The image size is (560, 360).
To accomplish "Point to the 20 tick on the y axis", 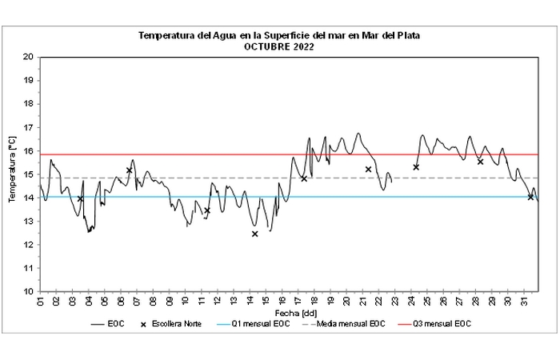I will click(x=28, y=58).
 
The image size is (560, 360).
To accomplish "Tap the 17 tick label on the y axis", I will click(x=28, y=128).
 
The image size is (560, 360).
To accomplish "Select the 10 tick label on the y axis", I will click(x=28, y=292).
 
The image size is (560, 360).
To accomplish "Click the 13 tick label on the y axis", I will click(x=28, y=222).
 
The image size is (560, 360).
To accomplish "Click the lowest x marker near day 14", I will click(x=254, y=234).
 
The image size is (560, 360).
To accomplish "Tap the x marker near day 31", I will click(x=530, y=197).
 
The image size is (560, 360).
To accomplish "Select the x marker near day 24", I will click(x=416, y=167).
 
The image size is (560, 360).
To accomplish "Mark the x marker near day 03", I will click(x=80, y=199).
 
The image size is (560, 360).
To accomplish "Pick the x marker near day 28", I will click(x=480, y=162).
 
